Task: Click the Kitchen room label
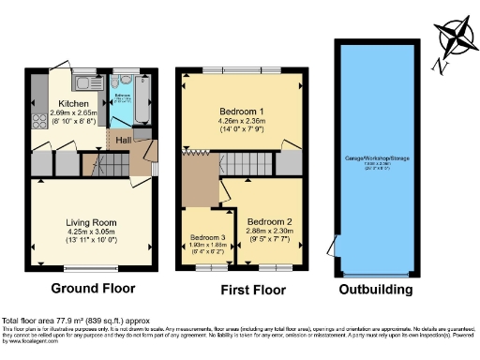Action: pos(73,103)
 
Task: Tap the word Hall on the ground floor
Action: pos(122,140)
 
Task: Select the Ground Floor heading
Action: pos(93,289)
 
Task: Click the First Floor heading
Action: pos(239,291)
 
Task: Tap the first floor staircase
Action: pos(247,165)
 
